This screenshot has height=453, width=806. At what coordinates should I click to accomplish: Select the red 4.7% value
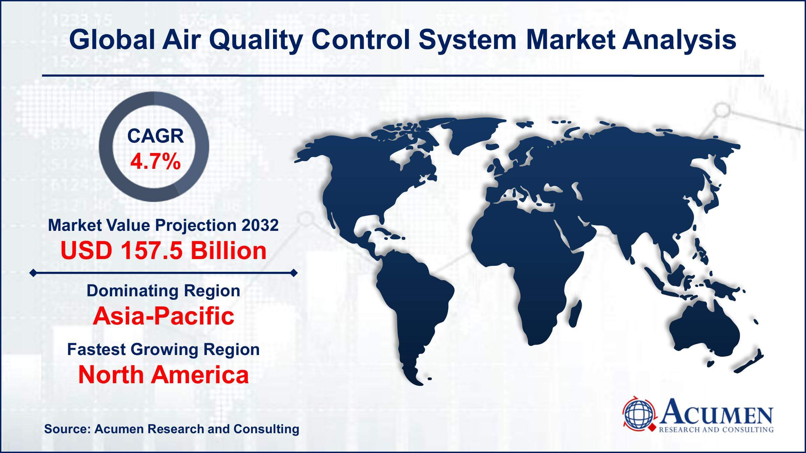[x=155, y=162]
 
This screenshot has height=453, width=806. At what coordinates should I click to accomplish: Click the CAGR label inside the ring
[x=155, y=136]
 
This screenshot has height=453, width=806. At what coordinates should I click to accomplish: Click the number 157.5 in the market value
[x=150, y=251]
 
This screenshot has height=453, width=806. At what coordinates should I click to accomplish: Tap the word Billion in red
[x=228, y=251]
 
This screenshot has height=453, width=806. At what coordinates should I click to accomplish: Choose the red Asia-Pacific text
[x=164, y=316]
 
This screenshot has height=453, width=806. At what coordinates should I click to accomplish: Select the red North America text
[x=164, y=375]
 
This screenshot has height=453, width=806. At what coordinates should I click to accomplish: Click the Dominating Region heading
[x=164, y=291]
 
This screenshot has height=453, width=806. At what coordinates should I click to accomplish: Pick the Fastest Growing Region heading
[x=164, y=349]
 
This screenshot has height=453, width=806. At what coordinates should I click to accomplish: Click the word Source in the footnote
[x=65, y=429]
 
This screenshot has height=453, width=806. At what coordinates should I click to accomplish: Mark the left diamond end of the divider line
[x=33, y=273]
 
